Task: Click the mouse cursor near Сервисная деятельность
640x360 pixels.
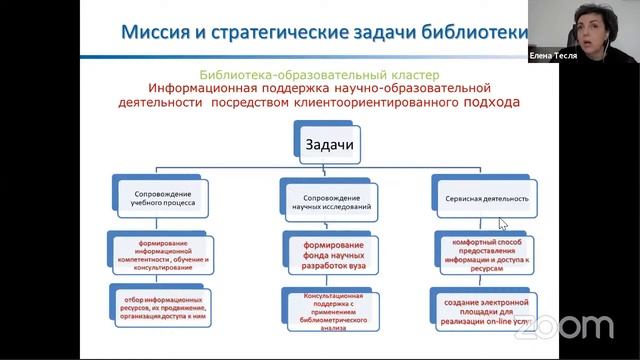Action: click(503, 223)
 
